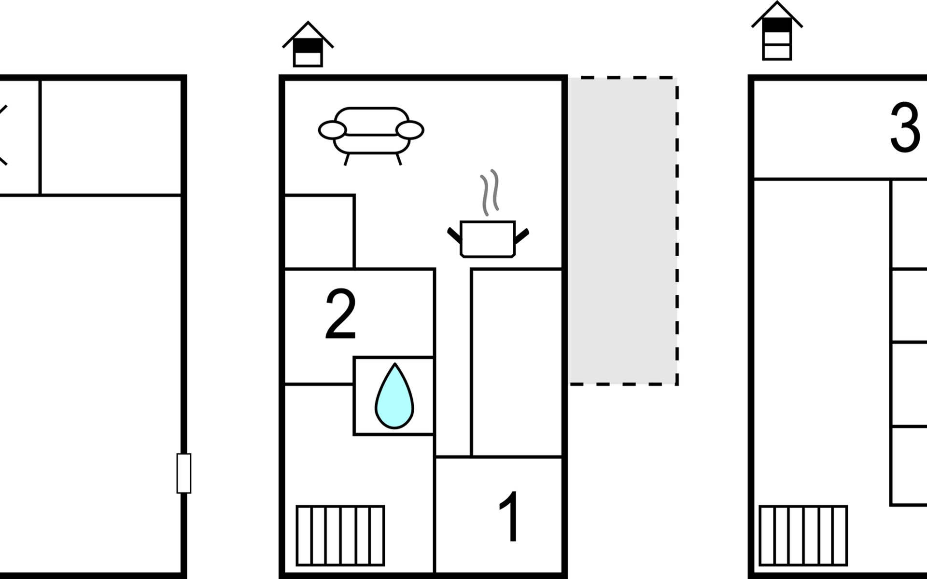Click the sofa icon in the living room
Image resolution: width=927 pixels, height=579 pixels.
point(371,130)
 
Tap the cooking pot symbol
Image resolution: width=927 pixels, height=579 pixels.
point(488,238)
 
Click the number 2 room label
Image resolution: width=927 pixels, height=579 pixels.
point(341,315)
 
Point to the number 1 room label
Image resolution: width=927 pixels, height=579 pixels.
point(509,517)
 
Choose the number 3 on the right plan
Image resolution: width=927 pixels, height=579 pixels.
point(905,127)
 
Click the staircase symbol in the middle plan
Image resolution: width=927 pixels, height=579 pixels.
point(340,535)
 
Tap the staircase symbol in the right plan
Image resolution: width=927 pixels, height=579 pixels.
point(803,535)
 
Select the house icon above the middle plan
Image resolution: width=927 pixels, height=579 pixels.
point(308,45)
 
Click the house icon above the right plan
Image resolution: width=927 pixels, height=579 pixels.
point(777,32)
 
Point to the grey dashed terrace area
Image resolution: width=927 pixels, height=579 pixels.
point(623,231)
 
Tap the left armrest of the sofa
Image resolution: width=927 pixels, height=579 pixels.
point(332,130)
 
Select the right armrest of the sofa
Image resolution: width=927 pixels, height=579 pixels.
point(409,130)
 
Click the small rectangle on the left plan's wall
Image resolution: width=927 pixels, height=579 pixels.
point(183,473)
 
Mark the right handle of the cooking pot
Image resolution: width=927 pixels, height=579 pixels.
point(522,236)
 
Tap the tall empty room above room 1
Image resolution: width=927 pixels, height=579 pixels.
point(517,362)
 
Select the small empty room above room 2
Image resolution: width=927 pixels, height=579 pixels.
point(319,231)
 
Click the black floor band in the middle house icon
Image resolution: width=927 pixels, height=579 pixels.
point(308,46)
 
